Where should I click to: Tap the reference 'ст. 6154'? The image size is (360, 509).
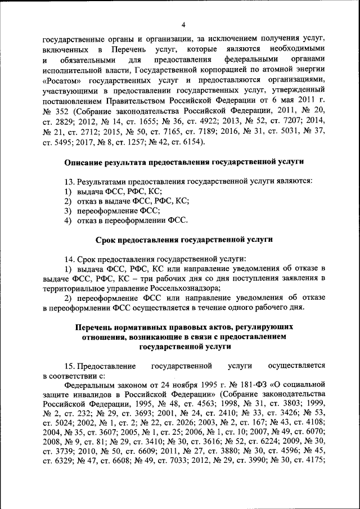[x=187, y=141]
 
